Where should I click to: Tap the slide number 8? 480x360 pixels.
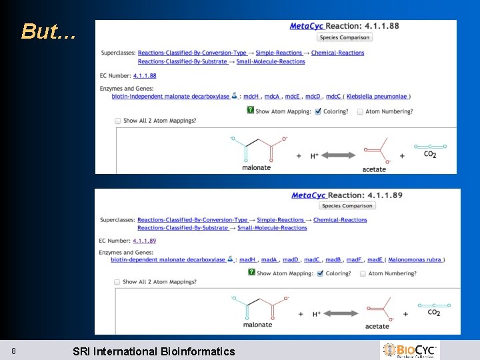point(13,351)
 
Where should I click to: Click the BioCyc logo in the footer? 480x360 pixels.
point(409,350)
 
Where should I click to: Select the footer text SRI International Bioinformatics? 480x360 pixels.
point(153,351)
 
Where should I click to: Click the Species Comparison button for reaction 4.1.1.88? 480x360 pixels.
point(345,37)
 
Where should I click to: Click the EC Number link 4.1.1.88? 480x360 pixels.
point(145,76)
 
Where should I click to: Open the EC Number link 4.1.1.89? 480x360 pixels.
point(144,241)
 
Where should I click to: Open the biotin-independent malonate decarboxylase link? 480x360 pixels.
point(170,97)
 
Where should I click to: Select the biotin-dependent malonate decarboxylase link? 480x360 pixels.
point(168,260)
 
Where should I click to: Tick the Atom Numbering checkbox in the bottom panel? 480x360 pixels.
point(363,273)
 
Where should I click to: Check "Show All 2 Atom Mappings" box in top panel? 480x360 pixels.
point(118,121)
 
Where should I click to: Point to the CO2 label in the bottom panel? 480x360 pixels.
point(433,312)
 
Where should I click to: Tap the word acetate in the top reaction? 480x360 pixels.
point(374,169)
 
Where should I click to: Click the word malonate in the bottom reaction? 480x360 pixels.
point(257,325)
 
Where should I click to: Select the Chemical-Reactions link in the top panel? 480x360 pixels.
point(337,53)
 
